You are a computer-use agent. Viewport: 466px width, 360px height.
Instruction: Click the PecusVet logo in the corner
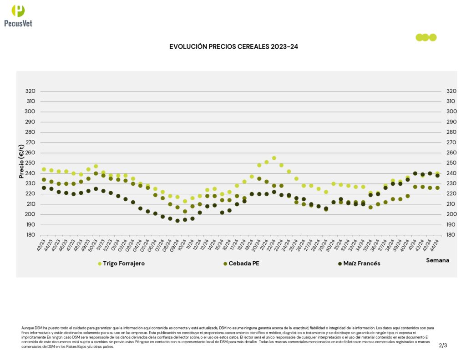(18, 15)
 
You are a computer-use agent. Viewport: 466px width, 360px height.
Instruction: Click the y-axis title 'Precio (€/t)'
(21, 162)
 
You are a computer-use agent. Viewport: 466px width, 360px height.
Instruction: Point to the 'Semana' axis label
(437, 260)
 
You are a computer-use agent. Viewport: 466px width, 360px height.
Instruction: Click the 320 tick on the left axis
(30, 91)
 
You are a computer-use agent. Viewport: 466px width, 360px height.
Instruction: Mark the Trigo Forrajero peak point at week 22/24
(274, 158)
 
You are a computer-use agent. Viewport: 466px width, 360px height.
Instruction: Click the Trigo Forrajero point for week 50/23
(96, 166)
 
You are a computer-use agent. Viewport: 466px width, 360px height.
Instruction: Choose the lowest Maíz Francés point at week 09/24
(177, 221)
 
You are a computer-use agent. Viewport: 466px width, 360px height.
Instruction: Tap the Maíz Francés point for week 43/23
(44, 188)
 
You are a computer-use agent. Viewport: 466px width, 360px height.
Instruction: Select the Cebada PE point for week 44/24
(437, 188)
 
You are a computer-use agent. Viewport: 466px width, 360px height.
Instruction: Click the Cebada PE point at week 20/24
(259, 179)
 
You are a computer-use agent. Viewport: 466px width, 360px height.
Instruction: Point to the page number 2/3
(443, 345)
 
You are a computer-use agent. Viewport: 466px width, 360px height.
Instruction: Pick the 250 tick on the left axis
(30, 163)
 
